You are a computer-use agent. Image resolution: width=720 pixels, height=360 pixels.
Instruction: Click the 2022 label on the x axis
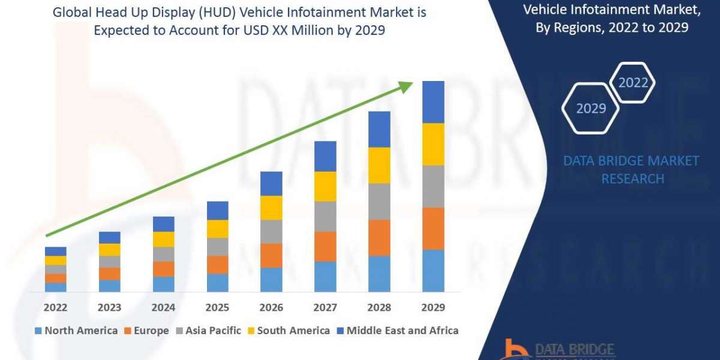(55, 307)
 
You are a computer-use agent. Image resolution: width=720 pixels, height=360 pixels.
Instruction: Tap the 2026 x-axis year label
(271, 307)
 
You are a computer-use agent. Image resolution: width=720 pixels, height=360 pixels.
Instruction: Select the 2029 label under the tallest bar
(433, 307)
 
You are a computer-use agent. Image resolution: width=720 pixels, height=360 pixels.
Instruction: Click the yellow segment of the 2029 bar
(433, 144)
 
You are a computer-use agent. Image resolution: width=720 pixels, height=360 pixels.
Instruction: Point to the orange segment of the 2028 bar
(379, 238)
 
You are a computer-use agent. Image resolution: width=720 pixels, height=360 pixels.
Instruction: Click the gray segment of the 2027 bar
(325, 216)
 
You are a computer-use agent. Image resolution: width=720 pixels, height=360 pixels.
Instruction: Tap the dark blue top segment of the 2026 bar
(271, 184)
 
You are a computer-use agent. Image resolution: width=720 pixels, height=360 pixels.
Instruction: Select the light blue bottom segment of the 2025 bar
(217, 283)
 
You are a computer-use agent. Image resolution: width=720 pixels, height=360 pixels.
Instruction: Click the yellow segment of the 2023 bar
(109, 250)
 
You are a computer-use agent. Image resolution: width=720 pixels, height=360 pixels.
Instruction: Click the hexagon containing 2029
(590, 109)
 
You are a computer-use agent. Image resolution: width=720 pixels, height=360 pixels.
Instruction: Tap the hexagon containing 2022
(633, 83)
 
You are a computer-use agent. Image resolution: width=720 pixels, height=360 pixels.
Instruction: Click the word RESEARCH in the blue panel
(632, 179)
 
